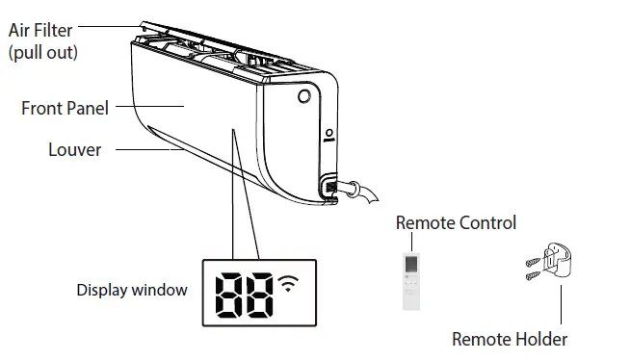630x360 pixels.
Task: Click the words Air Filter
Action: coord(39,32)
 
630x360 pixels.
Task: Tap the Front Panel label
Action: coord(65,109)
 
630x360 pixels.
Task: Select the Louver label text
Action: coord(75,150)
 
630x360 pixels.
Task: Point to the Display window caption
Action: coord(132,290)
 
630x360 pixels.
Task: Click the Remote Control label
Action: coord(456,222)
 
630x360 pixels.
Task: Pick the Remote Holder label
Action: coord(510,339)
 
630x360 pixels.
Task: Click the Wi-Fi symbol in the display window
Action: coord(288,283)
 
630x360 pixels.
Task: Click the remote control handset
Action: coord(412,280)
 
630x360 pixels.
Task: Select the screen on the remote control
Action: coord(412,264)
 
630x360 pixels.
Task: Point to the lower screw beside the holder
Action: coord(532,276)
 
